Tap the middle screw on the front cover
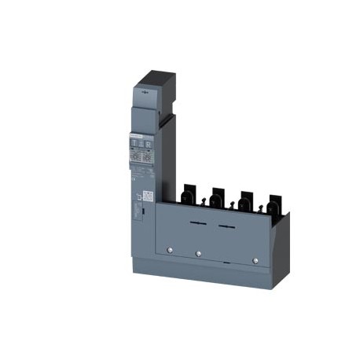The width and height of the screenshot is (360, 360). click(x=198, y=254)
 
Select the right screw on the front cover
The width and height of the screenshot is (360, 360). click(x=255, y=259)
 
